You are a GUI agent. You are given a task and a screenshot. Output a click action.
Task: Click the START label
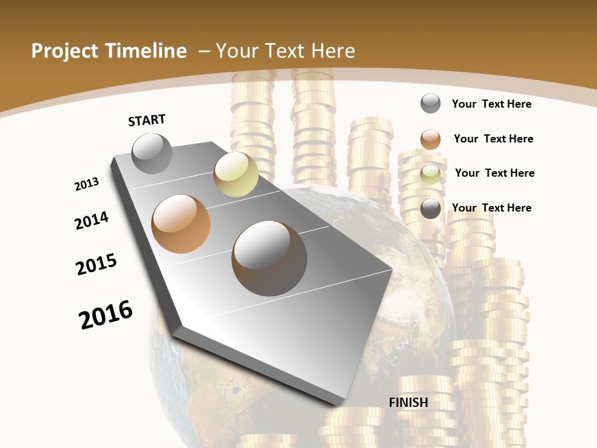pos(147,120)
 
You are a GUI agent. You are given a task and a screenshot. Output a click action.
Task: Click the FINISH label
pos(409,403)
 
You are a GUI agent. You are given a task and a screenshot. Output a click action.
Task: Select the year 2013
pos(87,184)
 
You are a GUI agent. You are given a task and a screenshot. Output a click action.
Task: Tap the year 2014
pos(92,220)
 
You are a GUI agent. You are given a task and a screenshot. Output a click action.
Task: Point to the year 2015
pos(96,264)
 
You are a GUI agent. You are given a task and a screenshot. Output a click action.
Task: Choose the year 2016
pos(106,315)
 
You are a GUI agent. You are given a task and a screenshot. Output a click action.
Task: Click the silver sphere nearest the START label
pos(152,153)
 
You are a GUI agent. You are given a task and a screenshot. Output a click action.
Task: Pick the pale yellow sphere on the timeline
pos(236,174)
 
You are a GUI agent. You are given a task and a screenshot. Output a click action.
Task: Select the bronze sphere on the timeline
pos(181,224)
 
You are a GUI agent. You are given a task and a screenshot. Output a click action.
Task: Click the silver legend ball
pos(430,103)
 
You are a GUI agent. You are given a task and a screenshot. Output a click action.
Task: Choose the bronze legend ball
pos(430,139)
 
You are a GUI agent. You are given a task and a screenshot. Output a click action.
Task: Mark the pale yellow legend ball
pos(430,174)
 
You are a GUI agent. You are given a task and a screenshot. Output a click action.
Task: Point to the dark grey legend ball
pos(430,208)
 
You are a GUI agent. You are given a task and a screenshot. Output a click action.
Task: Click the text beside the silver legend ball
pos(491,104)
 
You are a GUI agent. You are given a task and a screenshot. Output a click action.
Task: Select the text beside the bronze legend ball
pos(493,139)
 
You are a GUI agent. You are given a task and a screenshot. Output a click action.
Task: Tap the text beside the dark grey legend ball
pos(491,208)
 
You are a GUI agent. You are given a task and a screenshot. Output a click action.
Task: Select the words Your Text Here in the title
pos(285,51)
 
